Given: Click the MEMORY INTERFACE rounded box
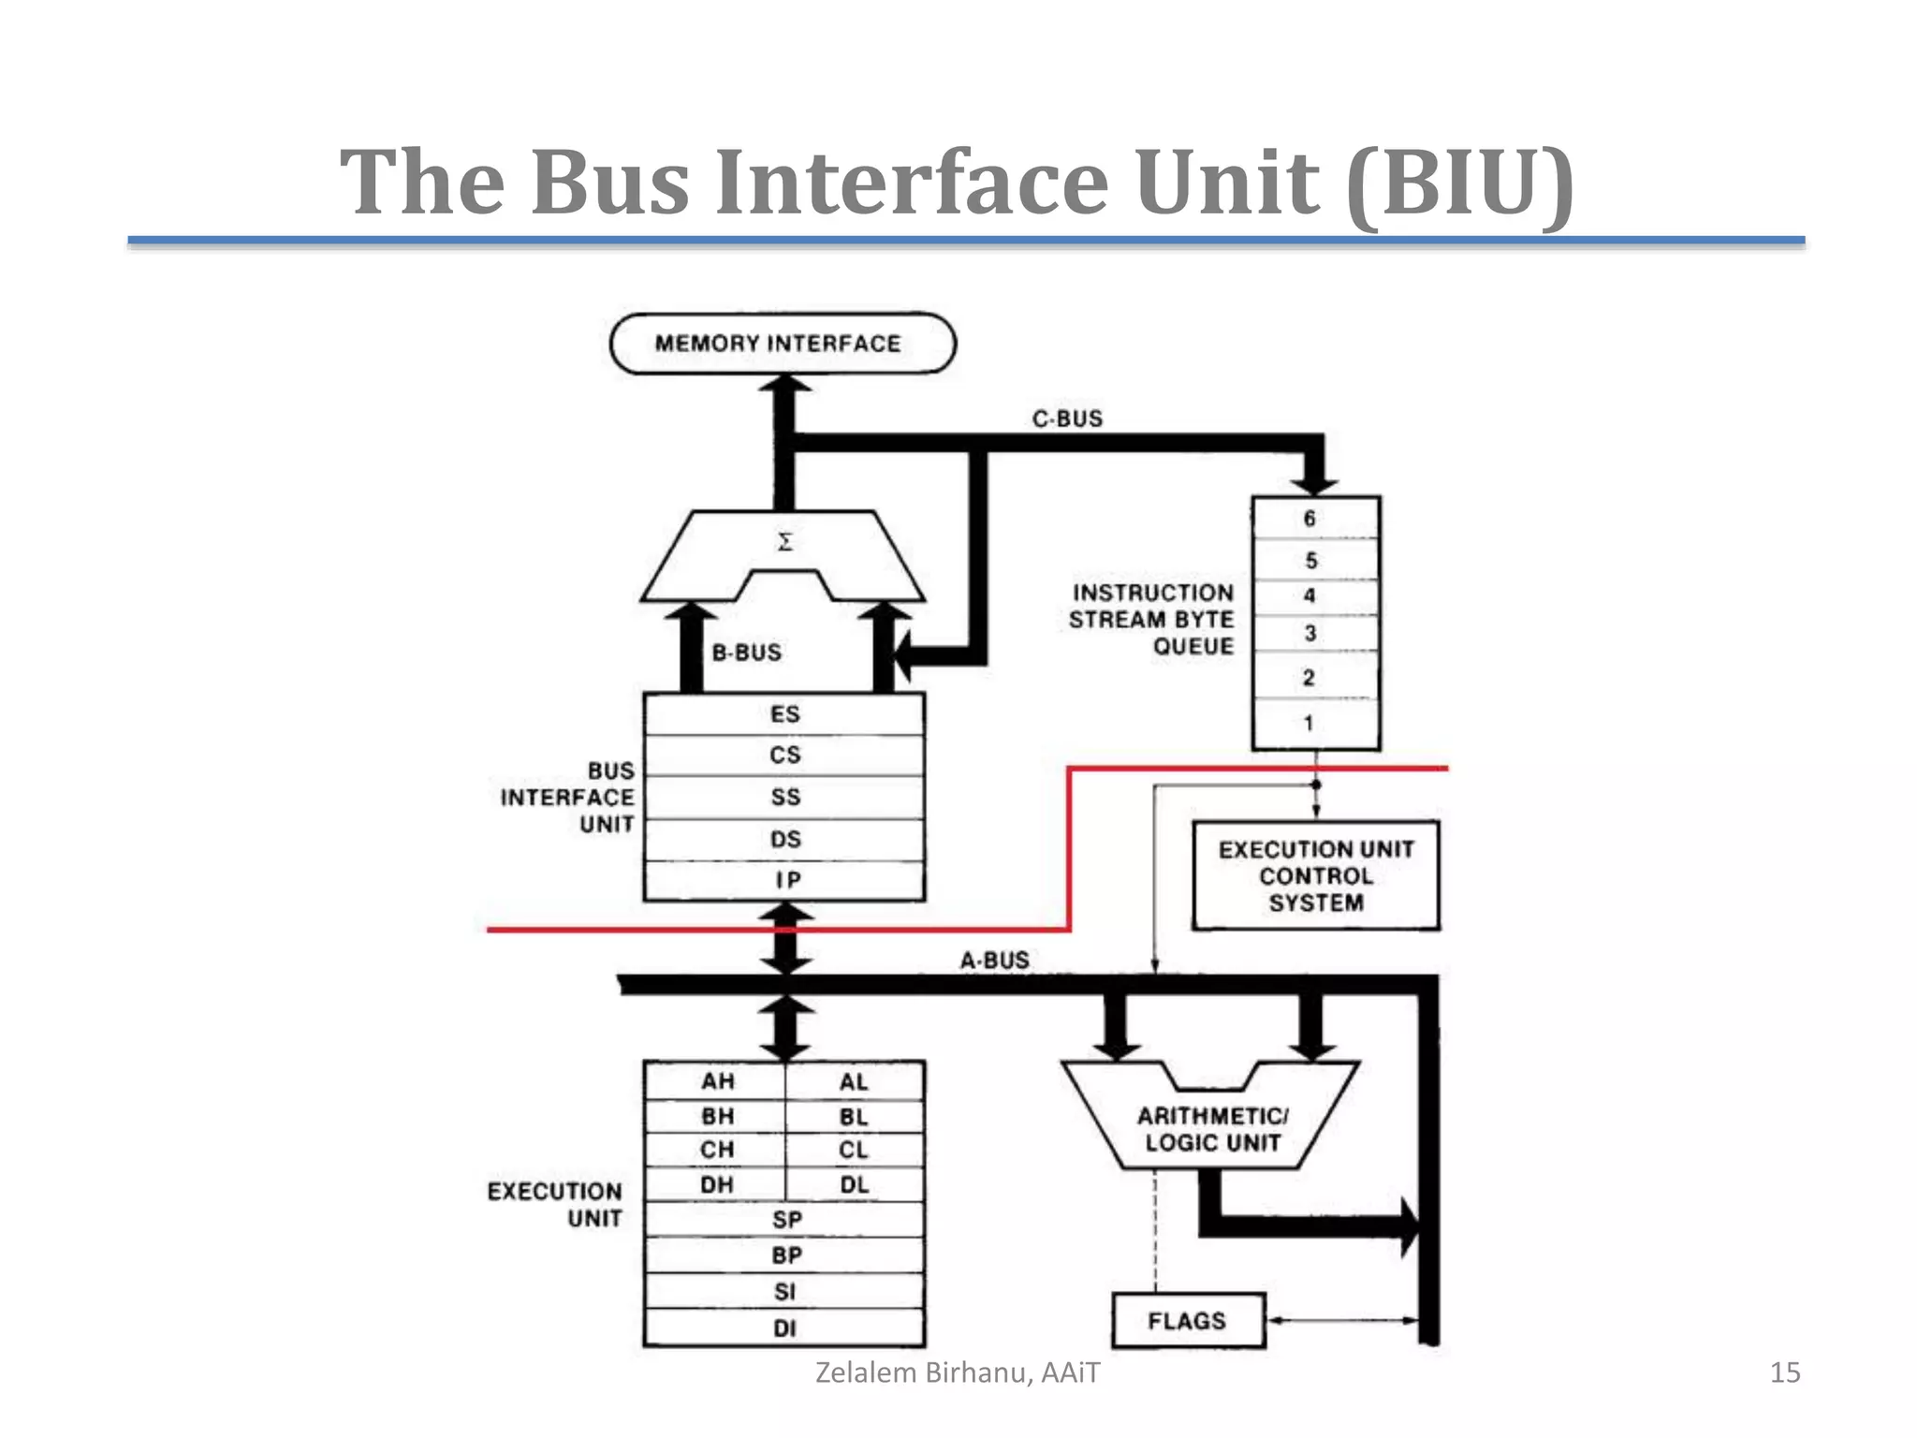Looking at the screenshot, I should (x=782, y=344).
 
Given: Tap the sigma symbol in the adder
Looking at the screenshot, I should (x=785, y=542).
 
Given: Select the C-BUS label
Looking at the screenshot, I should (x=1067, y=418).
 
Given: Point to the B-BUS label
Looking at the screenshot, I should (x=746, y=653).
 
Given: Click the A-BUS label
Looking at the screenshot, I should (x=994, y=961).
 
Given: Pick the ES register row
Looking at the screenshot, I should (x=784, y=714).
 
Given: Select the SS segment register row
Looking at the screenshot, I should (x=784, y=797).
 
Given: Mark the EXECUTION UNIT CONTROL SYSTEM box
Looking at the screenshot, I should (x=1315, y=875).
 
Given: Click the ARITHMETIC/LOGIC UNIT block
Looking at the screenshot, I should (x=1212, y=1128).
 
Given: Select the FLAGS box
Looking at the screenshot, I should (x=1187, y=1321).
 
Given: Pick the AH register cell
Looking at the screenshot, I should (x=717, y=1081).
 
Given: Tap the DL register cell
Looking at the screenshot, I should (x=854, y=1184).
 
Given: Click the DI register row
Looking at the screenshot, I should (x=784, y=1328).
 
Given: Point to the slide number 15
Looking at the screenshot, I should (x=1784, y=1372).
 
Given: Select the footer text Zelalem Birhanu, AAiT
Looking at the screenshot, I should (x=958, y=1372).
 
